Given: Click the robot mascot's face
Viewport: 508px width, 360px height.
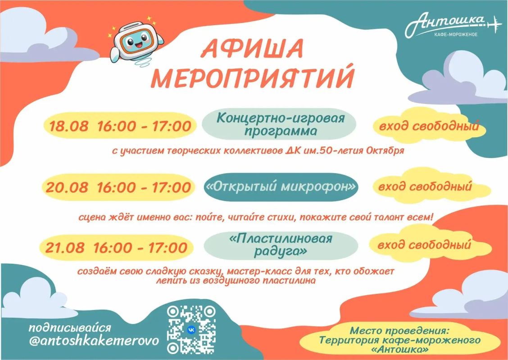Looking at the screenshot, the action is click(136, 41).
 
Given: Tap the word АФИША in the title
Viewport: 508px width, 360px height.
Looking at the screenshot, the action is click(253, 49).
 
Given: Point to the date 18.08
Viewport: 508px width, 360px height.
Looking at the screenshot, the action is click(68, 126).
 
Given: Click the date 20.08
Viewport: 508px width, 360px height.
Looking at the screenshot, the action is click(66, 188).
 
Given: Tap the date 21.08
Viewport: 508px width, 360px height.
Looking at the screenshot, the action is click(65, 248).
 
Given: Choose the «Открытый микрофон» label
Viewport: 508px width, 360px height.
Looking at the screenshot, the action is click(281, 187).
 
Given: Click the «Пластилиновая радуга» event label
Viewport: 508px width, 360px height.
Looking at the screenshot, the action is click(281, 245).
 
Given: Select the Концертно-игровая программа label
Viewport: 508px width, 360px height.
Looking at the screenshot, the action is click(281, 124).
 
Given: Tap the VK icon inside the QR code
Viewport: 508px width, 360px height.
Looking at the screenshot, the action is click(191, 330).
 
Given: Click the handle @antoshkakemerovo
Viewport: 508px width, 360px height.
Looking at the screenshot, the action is click(94, 341).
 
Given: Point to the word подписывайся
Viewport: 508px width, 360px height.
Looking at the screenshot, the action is click(70, 328).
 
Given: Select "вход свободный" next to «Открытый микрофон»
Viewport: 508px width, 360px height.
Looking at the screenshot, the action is click(425, 187).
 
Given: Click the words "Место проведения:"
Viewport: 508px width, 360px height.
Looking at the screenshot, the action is click(400, 331).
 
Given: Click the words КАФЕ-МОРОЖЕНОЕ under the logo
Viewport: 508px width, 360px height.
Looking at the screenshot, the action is click(455, 34).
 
